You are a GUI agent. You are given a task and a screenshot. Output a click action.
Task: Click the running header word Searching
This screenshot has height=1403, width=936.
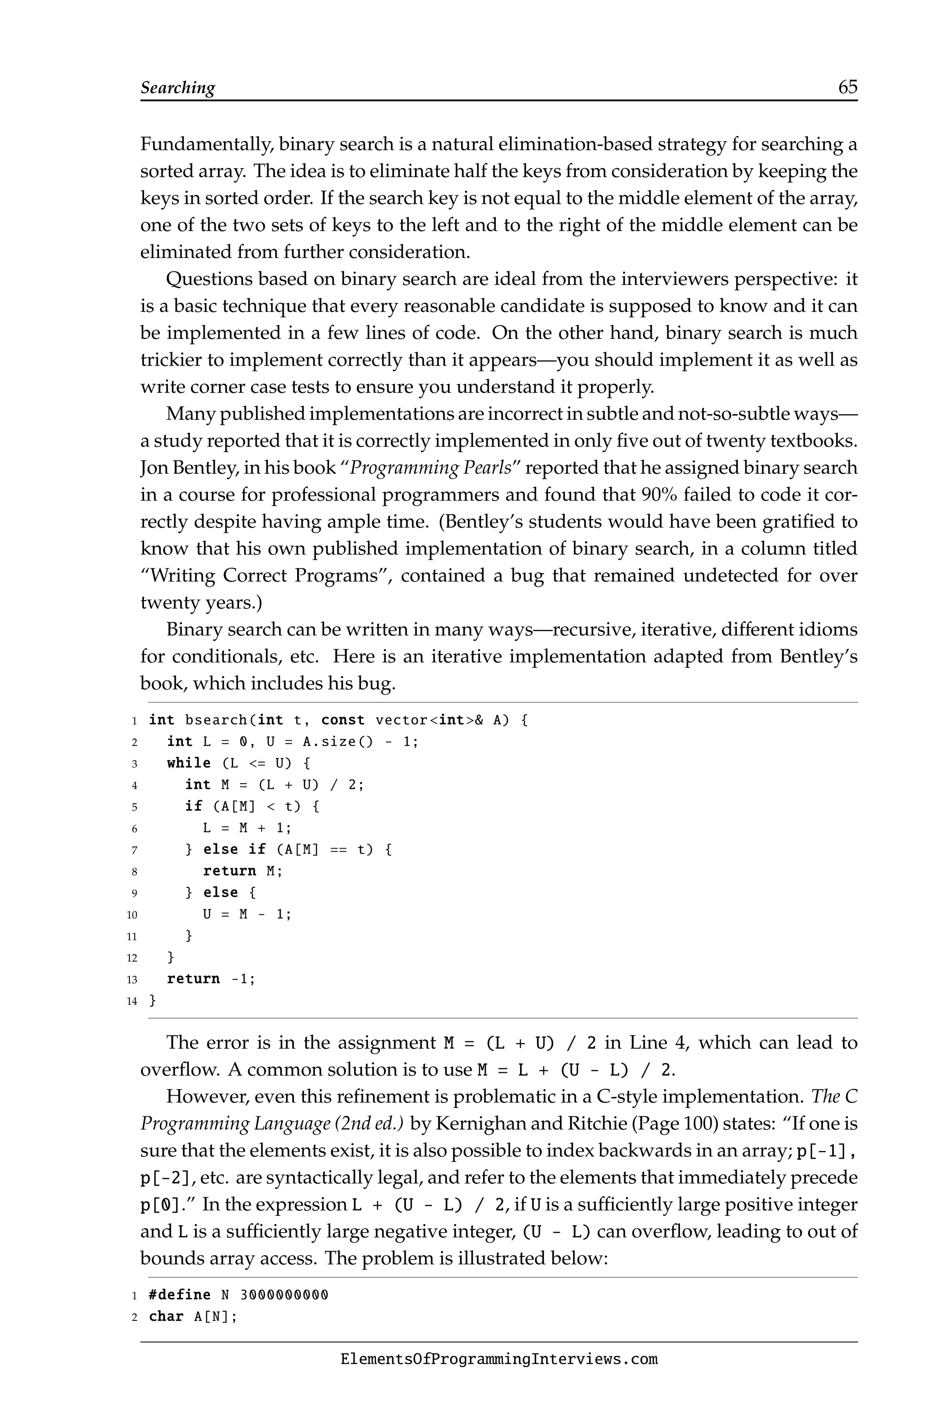coord(177,88)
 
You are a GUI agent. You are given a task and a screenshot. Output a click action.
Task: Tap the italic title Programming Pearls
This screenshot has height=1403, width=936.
coord(431,468)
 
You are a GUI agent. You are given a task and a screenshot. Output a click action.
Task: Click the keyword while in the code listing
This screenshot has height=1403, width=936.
coord(189,763)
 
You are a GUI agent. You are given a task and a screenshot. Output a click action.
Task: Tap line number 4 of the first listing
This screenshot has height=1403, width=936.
coord(135,786)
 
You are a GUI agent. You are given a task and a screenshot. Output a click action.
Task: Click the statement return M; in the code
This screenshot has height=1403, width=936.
coord(242,871)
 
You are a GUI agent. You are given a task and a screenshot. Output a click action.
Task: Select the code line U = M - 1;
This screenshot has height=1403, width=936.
coord(247,914)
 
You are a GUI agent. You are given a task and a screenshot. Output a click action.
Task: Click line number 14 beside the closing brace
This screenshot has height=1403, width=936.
coord(132,1001)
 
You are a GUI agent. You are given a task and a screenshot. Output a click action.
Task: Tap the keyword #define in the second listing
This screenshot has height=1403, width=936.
coord(180,1295)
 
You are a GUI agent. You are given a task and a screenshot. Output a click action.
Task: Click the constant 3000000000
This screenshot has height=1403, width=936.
coord(284,1295)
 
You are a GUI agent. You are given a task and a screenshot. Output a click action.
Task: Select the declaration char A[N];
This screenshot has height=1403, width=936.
coord(193,1317)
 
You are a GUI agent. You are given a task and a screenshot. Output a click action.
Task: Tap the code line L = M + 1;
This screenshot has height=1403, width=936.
coord(247,828)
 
